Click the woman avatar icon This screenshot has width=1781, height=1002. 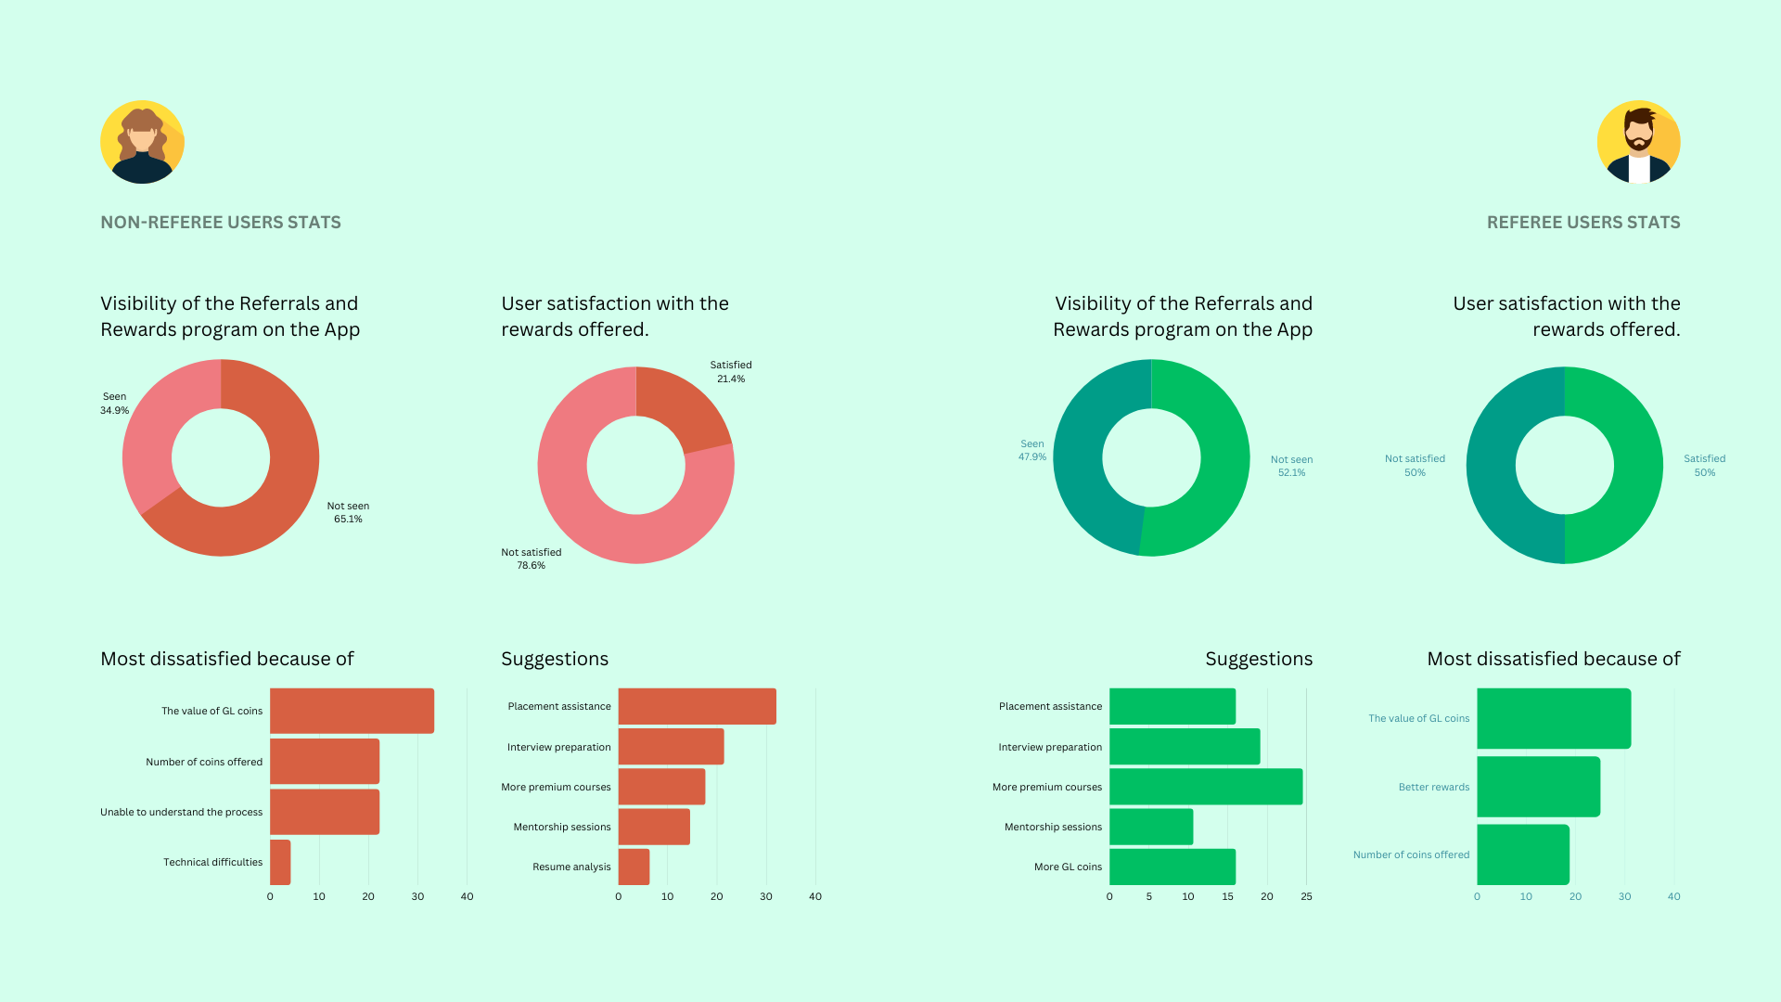(x=142, y=142)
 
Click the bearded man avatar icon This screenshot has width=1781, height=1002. (x=1638, y=142)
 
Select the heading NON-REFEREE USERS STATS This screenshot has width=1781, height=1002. (x=221, y=223)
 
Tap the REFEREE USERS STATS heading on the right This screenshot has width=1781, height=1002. (x=1583, y=223)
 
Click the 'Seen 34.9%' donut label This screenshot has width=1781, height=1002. (x=115, y=404)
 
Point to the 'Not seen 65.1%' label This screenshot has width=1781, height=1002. (x=348, y=512)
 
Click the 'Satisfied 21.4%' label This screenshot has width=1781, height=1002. (x=731, y=372)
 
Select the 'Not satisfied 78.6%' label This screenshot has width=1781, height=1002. (x=531, y=559)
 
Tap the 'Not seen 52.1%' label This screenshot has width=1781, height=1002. (x=1291, y=466)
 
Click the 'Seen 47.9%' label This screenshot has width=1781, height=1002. (x=1032, y=450)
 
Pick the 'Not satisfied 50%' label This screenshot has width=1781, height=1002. (x=1415, y=465)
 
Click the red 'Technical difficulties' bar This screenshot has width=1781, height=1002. (x=280, y=862)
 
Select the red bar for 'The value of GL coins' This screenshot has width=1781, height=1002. (x=352, y=711)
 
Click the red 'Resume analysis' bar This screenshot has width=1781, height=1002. (x=634, y=867)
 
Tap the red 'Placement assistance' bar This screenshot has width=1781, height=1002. (x=697, y=706)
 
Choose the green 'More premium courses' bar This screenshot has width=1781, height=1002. (x=1206, y=787)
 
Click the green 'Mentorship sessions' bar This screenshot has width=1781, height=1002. (x=1151, y=827)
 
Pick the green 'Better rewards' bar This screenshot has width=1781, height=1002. (x=1538, y=787)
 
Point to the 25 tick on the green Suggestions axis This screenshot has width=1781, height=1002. (x=1306, y=896)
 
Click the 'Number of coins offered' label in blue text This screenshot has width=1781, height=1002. (x=1411, y=854)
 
